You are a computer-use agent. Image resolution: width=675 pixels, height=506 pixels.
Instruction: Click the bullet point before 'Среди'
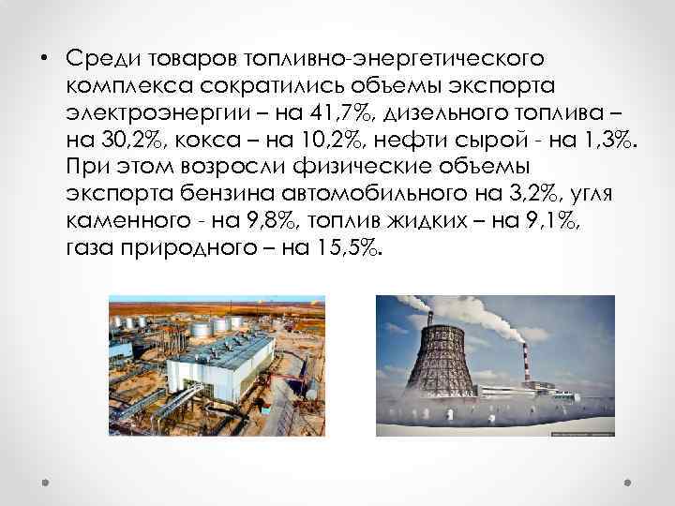pyautogui.click(x=44, y=59)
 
